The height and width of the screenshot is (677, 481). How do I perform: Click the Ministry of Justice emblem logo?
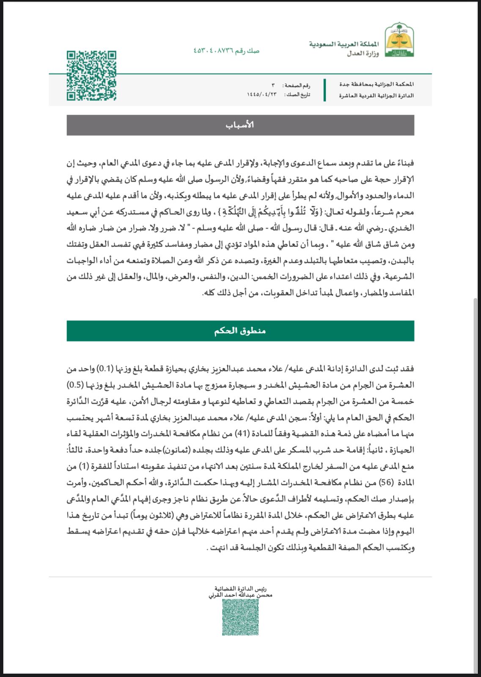coord(399,40)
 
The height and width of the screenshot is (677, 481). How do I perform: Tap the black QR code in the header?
coord(91,75)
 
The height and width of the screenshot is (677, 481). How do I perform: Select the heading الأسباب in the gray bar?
coord(240,125)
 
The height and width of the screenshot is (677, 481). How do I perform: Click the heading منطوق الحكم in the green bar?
coord(240,331)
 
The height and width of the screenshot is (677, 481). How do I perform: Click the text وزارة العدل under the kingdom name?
coord(363,54)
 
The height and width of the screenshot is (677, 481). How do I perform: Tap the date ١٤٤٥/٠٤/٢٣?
coord(261,95)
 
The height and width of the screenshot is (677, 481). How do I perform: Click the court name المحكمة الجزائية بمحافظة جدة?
coord(377,85)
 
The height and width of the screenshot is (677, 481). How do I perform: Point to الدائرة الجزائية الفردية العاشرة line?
coord(376,96)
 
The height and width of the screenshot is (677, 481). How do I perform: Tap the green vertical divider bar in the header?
coord(324,90)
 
